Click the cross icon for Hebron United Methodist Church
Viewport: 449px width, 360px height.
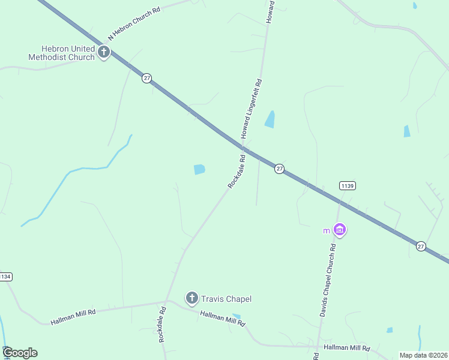tap(104, 52)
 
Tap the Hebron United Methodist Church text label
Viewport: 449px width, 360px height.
tap(61, 53)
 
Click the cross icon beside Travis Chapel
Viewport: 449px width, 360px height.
tap(191, 298)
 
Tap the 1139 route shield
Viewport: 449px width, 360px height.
tap(346, 186)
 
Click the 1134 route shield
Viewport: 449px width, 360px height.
tap(5, 277)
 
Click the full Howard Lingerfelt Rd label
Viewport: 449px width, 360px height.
tap(253, 109)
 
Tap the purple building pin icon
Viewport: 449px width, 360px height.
tap(340, 230)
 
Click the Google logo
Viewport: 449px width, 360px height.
tap(20, 353)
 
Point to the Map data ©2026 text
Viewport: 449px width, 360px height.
tap(423, 355)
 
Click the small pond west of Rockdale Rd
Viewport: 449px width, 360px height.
tap(199, 170)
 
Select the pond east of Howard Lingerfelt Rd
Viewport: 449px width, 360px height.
tap(270, 119)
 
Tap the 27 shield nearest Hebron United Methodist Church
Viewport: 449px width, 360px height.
tap(146, 79)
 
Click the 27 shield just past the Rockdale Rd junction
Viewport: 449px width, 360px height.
tap(279, 169)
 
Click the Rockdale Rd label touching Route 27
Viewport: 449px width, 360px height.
tap(237, 172)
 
